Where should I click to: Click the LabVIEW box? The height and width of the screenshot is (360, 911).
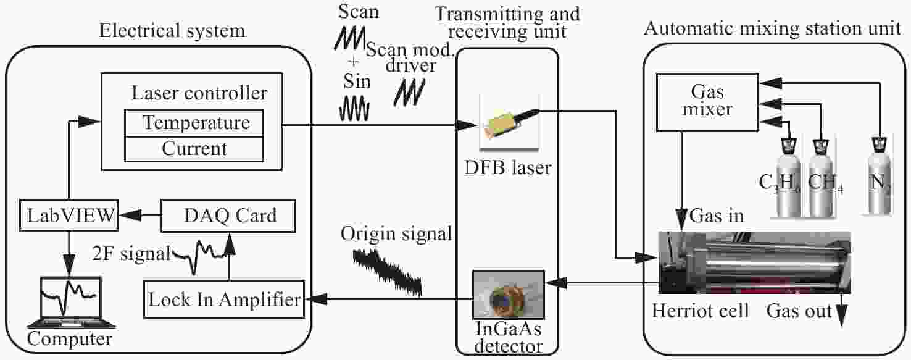coord(69,215)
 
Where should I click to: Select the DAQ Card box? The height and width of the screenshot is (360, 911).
coord(228,216)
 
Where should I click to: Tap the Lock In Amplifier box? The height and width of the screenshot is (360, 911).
coord(224,299)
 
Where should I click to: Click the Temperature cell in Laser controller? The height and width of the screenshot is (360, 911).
coord(194,123)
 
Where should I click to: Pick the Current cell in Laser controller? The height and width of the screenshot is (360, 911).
coord(194,149)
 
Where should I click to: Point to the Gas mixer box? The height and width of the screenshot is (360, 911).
coord(707,102)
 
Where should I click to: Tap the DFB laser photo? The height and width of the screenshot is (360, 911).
coord(510,122)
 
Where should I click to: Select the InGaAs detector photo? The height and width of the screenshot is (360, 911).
coord(509,295)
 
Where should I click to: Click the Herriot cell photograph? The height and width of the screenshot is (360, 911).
coord(754,262)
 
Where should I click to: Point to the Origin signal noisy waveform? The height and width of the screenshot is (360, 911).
coord(387,272)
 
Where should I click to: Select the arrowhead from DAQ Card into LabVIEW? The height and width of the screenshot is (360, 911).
coord(130,215)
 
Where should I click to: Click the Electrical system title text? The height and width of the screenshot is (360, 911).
coord(172,31)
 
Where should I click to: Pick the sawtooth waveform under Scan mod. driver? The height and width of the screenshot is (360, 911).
coord(410,93)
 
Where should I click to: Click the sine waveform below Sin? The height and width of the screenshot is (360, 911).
coord(354,109)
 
